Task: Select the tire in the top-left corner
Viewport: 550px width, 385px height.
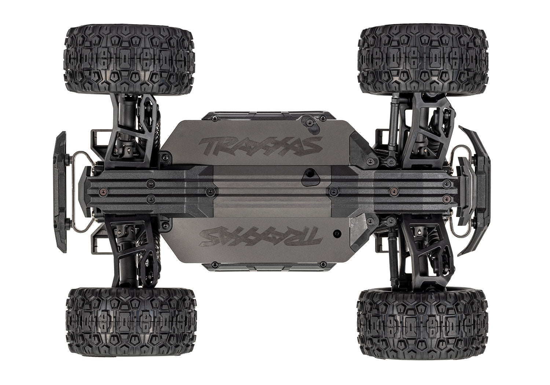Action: pyautogui.click(x=129, y=59)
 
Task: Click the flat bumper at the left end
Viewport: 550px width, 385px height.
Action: pyautogui.click(x=60, y=192)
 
